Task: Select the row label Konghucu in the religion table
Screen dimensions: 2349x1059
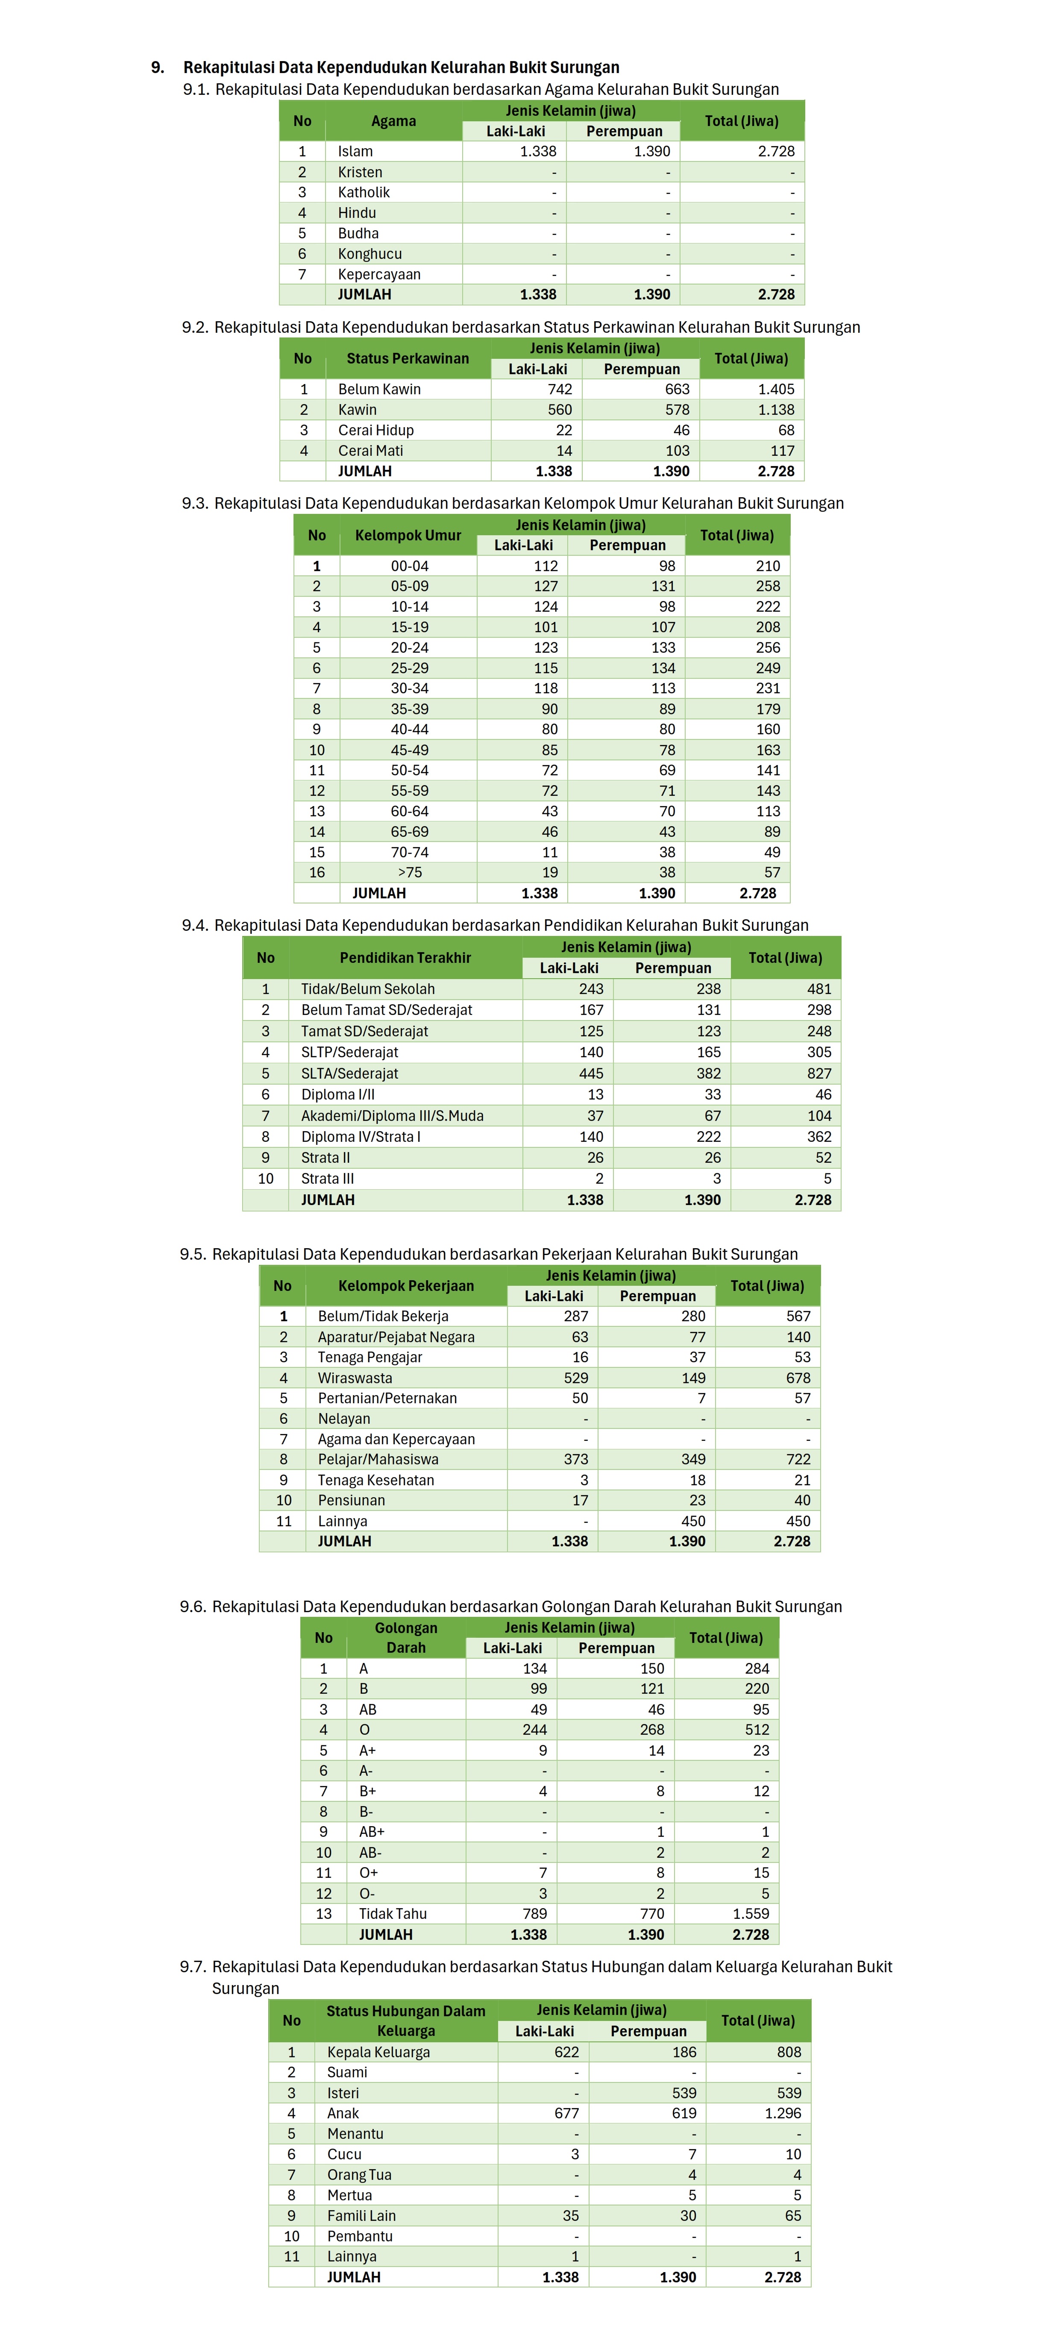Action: tap(370, 253)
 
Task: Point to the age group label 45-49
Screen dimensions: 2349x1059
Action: tap(410, 750)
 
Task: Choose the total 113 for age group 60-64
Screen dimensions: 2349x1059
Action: tap(768, 811)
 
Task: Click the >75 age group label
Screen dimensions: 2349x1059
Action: tap(410, 872)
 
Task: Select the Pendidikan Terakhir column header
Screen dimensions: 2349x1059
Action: tap(405, 957)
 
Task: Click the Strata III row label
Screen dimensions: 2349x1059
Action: tap(328, 1178)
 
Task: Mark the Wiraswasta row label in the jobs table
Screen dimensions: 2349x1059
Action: tap(355, 1378)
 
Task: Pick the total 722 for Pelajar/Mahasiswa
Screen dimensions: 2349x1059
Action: tap(798, 1459)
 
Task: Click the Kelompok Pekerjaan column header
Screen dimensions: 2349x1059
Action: tap(406, 1286)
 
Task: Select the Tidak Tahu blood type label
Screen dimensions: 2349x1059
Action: tap(392, 1913)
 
